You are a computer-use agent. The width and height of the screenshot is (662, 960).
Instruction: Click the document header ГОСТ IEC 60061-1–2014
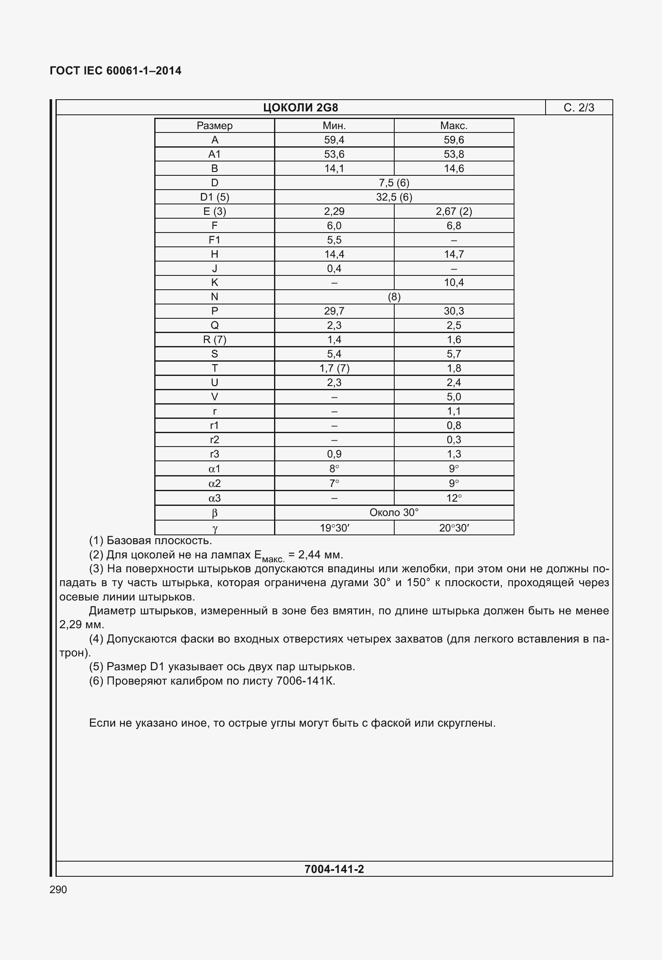116,71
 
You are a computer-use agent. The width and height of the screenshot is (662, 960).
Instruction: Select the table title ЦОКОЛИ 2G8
301,108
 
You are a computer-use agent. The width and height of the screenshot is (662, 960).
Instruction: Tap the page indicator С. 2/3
579,108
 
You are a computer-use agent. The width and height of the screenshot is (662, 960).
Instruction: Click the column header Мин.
334,126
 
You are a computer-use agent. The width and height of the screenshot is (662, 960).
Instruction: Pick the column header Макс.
454,126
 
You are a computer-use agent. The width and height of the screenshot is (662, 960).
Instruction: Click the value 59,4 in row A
334,140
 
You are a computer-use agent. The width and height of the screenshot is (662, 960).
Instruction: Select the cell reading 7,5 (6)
394,183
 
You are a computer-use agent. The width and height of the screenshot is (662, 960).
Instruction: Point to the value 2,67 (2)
454,212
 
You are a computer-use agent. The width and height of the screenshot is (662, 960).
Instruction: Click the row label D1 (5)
214,197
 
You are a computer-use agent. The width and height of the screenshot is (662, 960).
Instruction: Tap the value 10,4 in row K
454,283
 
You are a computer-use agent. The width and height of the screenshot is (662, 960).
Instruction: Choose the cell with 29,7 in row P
334,311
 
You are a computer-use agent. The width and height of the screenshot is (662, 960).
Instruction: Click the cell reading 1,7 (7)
334,368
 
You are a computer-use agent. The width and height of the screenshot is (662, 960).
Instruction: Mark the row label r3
214,454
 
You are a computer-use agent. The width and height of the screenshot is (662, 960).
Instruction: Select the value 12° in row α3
454,498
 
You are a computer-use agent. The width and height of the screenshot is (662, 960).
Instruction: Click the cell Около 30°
394,513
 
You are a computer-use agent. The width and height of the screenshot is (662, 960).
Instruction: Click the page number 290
58,890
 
